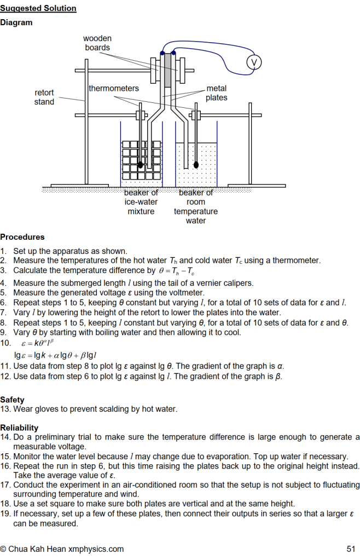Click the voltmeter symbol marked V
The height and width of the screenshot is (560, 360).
click(253, 62)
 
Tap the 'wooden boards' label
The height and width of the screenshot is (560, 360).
click(97, 43)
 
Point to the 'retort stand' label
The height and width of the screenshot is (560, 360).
click(44, 97)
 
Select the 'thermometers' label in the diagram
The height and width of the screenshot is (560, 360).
click(114, 88)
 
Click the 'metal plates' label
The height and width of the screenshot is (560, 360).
click(217, 93)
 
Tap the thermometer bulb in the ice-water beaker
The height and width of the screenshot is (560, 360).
click(141, 165)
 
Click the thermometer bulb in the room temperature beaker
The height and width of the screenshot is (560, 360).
click(196, 165)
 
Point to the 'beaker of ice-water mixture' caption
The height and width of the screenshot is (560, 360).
click(141, 202)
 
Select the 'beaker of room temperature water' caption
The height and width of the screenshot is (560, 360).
click(196, 206)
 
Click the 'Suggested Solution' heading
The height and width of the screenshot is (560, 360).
click(38, 8)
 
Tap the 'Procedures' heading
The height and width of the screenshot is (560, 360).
click(22, 237)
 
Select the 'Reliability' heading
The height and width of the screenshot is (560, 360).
click(19, 428)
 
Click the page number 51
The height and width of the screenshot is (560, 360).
click(351, 549)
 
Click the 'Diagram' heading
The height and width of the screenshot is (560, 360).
click(16, 22)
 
